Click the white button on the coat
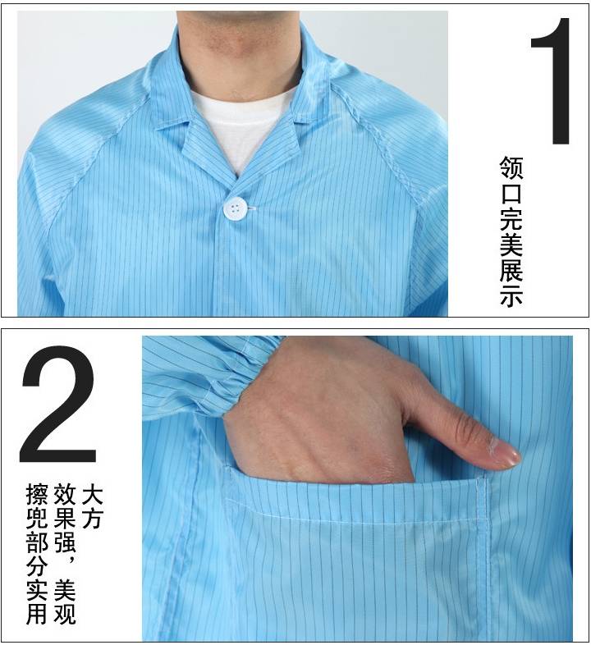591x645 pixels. [235, 209]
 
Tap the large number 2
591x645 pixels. [58, 405]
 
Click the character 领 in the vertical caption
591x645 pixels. [511, 168]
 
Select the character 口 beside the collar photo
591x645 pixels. [511, 194]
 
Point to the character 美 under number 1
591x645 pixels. [511, 244]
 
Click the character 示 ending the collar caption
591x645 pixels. [511, 295]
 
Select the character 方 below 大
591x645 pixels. [92, 519]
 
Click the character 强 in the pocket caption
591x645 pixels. [64, 543]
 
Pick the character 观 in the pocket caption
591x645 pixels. [64, 613]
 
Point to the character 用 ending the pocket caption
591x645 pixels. [37, 613]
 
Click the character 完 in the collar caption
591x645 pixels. [511, 218]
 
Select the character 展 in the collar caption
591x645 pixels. [511, 269]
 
